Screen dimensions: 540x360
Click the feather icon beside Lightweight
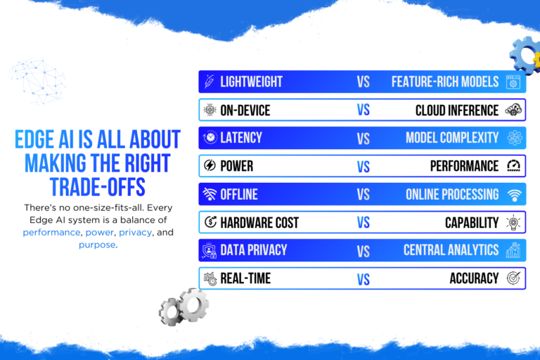tap(210, 82)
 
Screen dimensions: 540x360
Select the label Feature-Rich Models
tap(445, 82)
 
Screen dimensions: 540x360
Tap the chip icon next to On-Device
tap(210, 110)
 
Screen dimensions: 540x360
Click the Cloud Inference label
tap(457, 110)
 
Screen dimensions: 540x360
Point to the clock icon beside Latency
tap(210, 137)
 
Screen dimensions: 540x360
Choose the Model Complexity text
tap(452, 138)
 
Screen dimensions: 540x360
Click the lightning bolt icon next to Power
tap(210, 166)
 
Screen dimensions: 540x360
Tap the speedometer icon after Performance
tap(513, 166)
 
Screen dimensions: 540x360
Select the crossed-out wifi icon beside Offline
tap(210, 194)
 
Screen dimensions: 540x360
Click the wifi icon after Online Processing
tap(514, 195)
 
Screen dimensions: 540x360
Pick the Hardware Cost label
tap(259, 223)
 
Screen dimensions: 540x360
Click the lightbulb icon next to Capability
tap(513, 222)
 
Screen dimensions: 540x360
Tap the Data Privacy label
tap(253, 250)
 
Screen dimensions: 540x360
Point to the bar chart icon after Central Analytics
tap(513, 250)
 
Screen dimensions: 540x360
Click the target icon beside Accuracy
tap(513, 278)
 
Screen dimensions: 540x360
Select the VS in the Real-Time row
tap(364, 279)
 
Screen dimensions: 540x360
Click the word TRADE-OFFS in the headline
tap(98, 187)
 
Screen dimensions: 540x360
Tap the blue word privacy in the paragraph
tap(135, 233)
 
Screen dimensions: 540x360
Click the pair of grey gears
tap(184, 307)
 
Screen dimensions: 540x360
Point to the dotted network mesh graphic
tap(37, 82)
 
